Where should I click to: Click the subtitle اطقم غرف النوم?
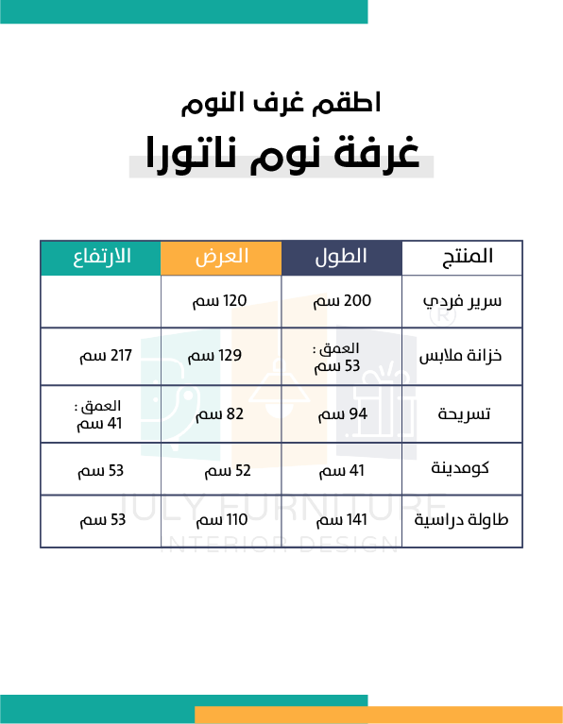coord(281,103)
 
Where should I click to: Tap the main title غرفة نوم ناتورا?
coord(282,154)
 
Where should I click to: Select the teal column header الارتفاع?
coord(101,258)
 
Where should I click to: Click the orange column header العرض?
coord(221,258)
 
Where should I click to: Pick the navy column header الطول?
coord(342,258)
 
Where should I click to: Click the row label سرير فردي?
coord(462,301)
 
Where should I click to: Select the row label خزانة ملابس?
coord(460,356)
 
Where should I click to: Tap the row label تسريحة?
coord(464,414)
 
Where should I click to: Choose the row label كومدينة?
coord(460,468)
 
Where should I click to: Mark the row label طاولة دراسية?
coord(461,520)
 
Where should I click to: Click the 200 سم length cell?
coord(342,301)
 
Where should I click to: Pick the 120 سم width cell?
coord(219,301)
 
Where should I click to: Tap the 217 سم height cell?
coord(106,356)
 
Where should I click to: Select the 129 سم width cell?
coord(214,356)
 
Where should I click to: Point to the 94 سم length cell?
coord(343,414)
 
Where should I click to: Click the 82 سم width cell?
coord(219,414)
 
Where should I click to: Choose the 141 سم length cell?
coord(342,520)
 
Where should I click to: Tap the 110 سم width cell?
coord(222,520)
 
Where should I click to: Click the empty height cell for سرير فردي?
coord(101,301)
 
